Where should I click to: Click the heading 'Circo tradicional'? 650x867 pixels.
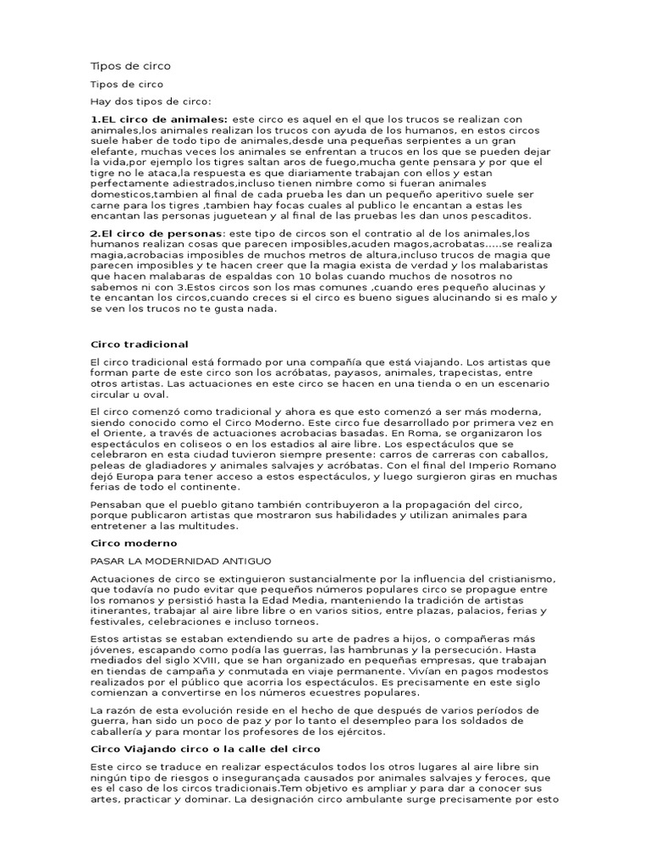pyautogui.click(x=139, y=345)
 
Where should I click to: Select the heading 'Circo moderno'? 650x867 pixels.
pyautogui.click(x=133, y=542)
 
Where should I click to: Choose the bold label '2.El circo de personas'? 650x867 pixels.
pyautogui.click(x=157, y=233)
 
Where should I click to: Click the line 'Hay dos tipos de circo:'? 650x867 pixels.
pyautogui.click(x=149, y=101)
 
